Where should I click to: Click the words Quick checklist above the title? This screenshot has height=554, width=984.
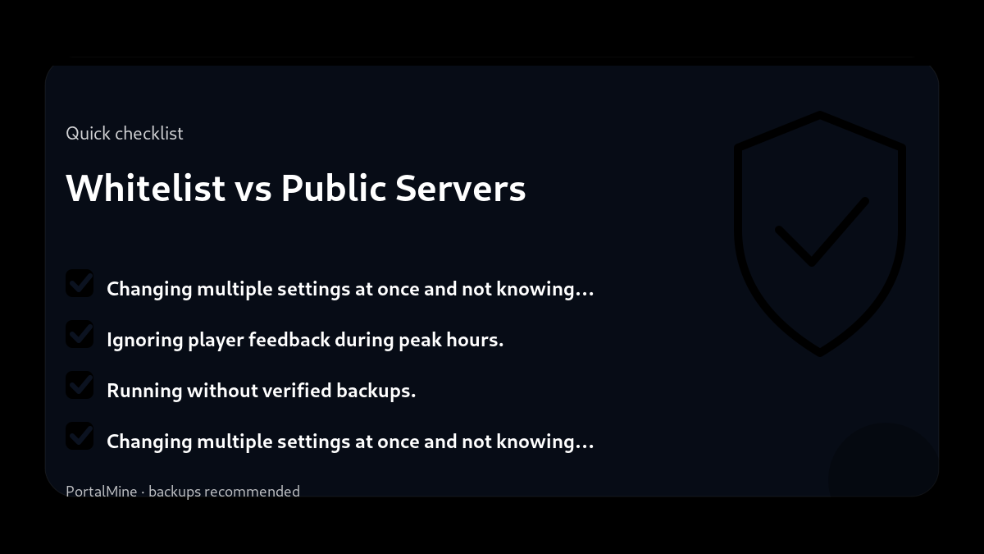[x=125, y=133]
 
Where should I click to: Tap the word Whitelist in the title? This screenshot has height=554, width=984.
[x=145, y=188]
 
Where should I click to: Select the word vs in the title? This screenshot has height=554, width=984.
[x=253, y=188]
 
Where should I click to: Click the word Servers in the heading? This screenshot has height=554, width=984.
[x=460, y=188]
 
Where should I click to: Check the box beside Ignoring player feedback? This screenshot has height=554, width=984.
[x=80, y=334]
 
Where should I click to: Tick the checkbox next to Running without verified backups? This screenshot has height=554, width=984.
[x=80, y=385]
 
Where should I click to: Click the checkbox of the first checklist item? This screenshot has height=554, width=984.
[x=80, y=283]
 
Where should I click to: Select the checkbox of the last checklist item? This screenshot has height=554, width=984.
[x=80, y=436]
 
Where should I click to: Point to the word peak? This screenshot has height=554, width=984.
[x=420, y=340]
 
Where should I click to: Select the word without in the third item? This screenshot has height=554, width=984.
[x=222, y=391]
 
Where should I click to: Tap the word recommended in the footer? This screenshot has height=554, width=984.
[x=252, y=492]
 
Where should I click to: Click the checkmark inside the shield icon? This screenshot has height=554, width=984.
[x=820, y=231]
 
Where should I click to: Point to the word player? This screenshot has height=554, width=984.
[x=216, y=340]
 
